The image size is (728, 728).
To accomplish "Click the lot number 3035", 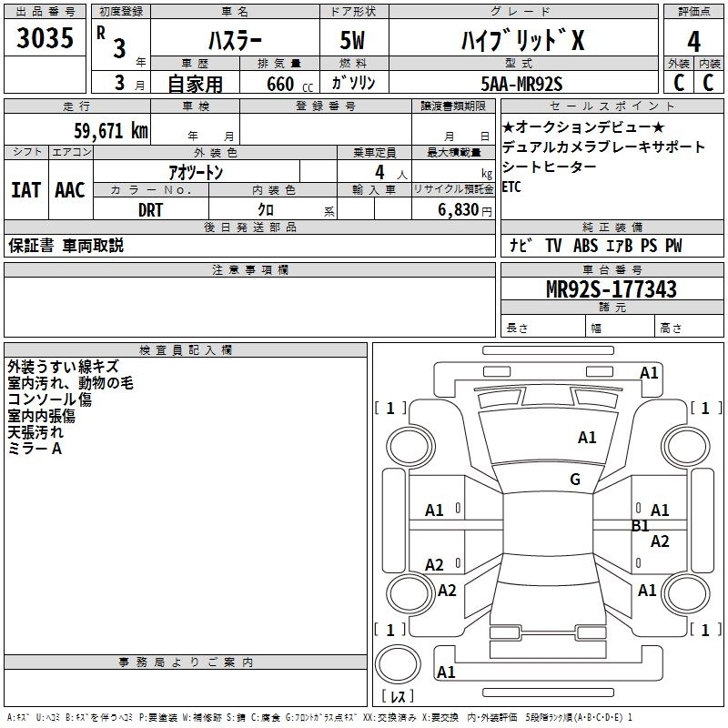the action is tap(45, 37).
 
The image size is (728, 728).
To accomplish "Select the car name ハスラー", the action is tap(235, 40).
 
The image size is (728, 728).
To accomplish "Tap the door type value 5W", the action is tap(352, 40).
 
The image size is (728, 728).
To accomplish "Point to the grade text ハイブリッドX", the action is tap(522, 40).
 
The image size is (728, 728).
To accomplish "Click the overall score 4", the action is tap(693, 42).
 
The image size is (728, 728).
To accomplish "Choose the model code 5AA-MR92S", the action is tap(521, 84).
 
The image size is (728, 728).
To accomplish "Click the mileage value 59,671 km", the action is tap(111, 130).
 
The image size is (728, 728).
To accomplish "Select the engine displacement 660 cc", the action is tap(289, 84).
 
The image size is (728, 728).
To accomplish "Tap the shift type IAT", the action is tap(26, 190).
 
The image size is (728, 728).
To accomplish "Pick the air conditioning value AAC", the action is tap(70, 190).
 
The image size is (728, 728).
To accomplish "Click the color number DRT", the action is tap(150, 210).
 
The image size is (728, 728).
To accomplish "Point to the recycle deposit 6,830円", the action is tap(465, 210).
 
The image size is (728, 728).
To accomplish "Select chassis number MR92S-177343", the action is tap(612, 288).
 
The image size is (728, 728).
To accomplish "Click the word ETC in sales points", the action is tap(511, 187).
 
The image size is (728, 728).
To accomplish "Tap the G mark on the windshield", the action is tap(575, 479).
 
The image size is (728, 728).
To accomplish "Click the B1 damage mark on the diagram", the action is tap(641, 526).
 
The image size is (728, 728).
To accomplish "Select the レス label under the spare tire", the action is tap(398, 696).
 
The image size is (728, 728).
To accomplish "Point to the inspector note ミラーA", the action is tap(35, 449).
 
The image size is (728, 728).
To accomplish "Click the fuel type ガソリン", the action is tap(353, 84).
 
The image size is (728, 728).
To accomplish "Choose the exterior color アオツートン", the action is tap(196, 172).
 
